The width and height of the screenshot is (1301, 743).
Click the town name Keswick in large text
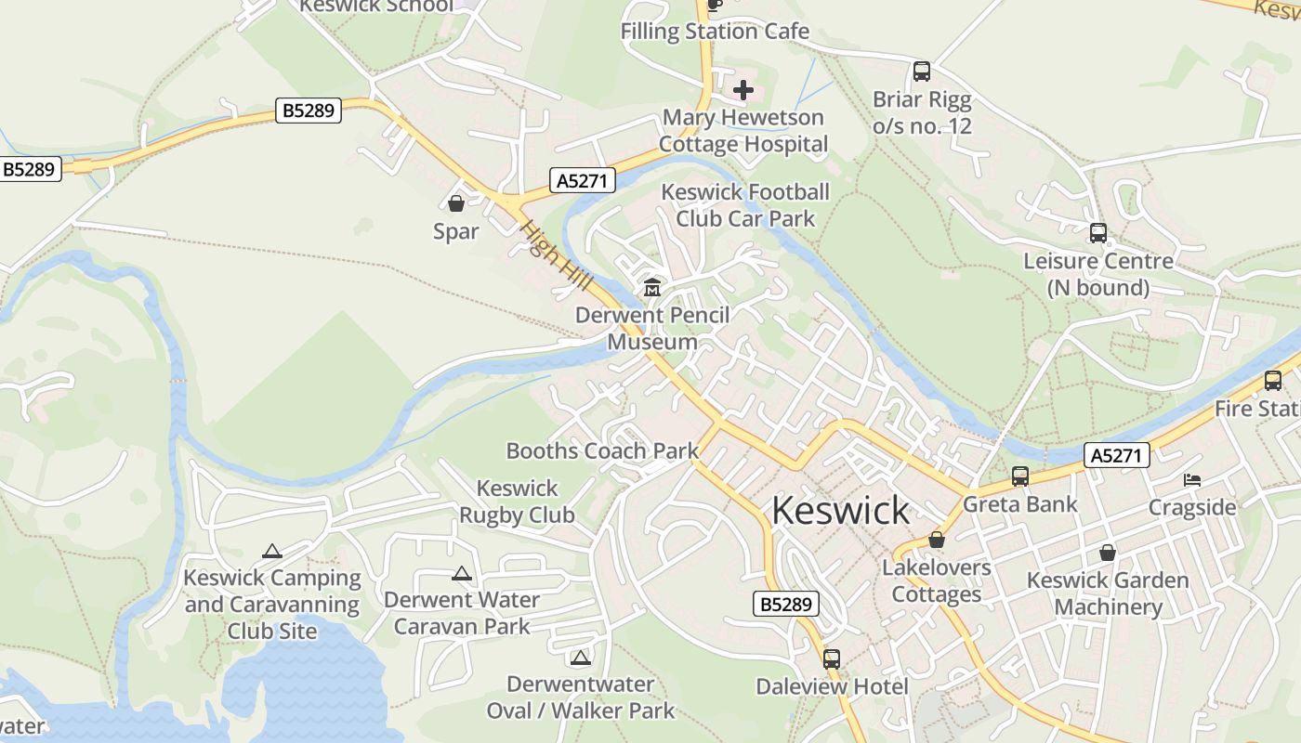(840, 511)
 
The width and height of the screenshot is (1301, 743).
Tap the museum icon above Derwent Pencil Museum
(652, 288)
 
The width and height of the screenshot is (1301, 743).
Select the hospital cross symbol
(743, 90)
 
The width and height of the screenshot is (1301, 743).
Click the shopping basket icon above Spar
(456, 202)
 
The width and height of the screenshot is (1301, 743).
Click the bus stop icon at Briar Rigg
(922, 72)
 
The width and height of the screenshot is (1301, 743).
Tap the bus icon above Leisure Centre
(1098, 233)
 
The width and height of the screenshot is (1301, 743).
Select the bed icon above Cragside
(1192, 480)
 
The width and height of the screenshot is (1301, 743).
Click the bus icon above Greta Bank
(1020, 476)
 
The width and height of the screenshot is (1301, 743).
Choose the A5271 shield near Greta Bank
(1117, 455)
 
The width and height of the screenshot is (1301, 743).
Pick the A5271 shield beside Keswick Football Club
(583, 180)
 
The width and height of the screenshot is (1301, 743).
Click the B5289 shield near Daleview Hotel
(785, 605)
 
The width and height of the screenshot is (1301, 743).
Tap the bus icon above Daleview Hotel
(832, 658)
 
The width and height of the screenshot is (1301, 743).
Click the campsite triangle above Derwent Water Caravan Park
(462, 574)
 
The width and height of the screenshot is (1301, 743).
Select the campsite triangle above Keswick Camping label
(271, 551)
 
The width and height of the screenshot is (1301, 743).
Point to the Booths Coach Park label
(602, 451)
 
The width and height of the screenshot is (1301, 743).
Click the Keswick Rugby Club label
(517, 502)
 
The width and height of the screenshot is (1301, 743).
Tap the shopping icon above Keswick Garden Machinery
(1107, 553)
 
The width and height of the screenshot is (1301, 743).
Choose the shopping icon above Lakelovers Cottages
(937, 540)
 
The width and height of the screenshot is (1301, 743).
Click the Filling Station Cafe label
(715, 31)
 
